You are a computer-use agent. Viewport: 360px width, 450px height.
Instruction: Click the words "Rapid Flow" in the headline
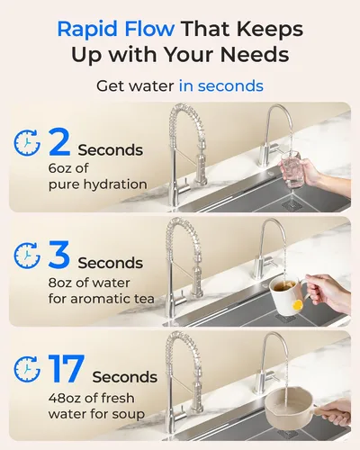(x=115, y=30)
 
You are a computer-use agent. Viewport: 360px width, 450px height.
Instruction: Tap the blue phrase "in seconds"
(x=221, y=86)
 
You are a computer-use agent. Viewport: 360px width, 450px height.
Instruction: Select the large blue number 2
(x=59, y=142)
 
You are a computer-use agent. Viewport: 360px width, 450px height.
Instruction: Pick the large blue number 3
(x=59, y=255)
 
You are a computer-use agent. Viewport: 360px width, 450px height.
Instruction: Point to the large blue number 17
(x=66, y=369)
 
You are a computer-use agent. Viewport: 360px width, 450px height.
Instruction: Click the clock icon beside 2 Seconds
(x=27, y=142)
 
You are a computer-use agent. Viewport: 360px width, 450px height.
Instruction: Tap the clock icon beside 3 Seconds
(x=27, y=256)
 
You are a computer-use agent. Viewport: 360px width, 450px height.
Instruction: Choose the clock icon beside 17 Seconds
(x=27, y=369)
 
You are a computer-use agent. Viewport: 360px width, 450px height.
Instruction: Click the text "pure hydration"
(x=98, y=184)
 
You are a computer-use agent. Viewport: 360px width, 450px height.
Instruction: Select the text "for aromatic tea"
(x=102, y=299)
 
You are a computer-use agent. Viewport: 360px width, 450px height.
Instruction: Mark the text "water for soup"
(x=96, y=414)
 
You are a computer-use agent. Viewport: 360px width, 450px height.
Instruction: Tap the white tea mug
(x=286, y=295)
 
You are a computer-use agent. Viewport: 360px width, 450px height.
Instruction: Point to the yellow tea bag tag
(x=297, y=305)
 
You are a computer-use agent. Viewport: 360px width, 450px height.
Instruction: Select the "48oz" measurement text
(x=65, y=398)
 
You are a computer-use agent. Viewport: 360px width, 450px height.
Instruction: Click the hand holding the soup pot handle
(x=335, y=410)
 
